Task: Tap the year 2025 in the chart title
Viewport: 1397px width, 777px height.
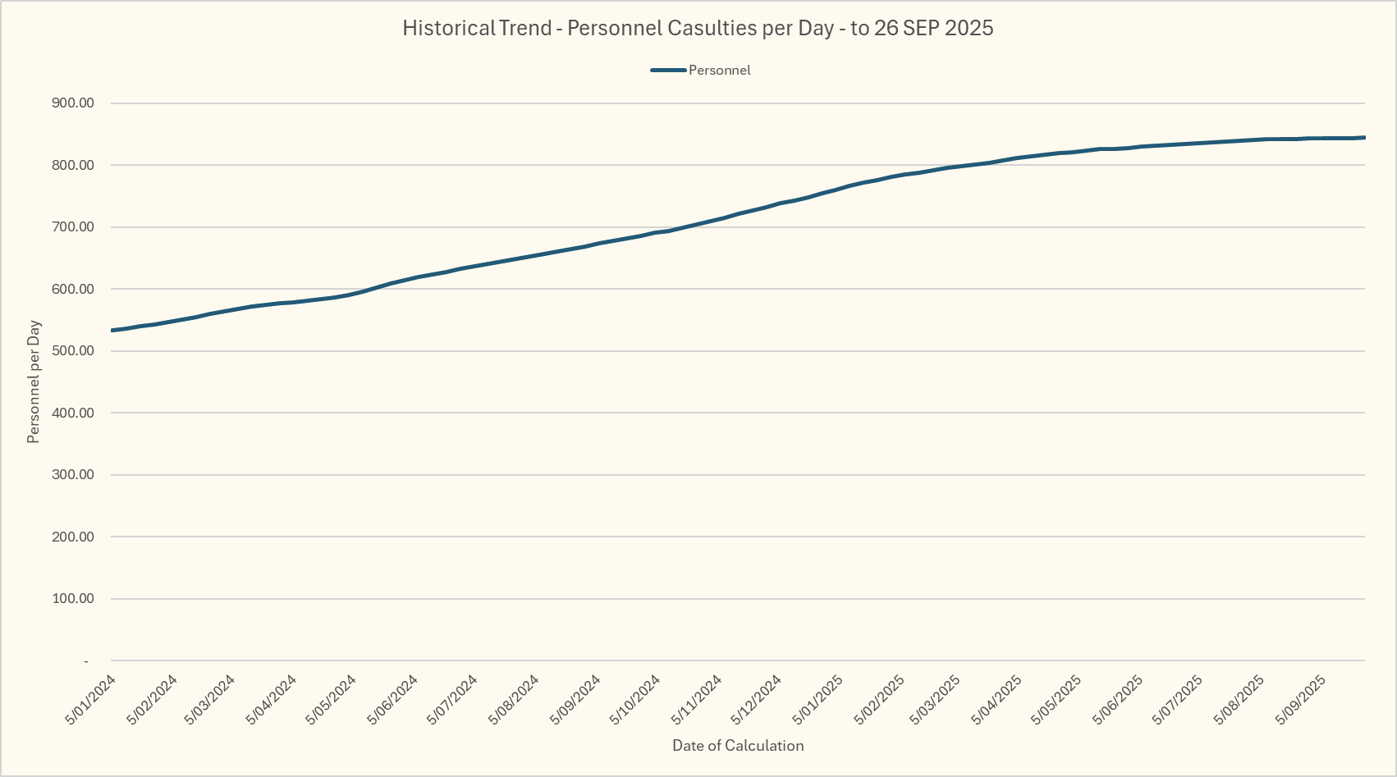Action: tap(969, 28)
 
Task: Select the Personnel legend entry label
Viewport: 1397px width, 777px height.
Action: tap(719, 71)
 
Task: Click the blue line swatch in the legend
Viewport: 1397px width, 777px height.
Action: tap(668, 71)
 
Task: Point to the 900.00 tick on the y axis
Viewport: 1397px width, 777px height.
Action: tap(73, 103)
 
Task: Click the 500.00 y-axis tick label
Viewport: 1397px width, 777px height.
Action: tap(73, 351)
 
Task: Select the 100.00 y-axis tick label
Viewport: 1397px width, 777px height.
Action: tap(73, 599)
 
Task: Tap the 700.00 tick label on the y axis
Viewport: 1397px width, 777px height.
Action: tap(73, 227)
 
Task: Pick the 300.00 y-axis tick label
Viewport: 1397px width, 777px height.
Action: tap(73, 475)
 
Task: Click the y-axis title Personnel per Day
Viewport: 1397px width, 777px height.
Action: tap(34, 382)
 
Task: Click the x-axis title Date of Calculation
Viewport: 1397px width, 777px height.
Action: tap(738, 746)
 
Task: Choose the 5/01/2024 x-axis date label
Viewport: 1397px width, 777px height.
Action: tap(90, 700)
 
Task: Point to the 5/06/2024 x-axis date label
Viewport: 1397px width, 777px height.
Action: tap(393, 700)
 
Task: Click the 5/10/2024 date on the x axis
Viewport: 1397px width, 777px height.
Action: tap(635, 700)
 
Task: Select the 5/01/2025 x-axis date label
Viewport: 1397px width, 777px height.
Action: tap(818, 700)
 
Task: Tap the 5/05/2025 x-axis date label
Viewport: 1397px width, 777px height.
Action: tap(1060, 700)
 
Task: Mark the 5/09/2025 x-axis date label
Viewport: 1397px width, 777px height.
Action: tap(1302, 700)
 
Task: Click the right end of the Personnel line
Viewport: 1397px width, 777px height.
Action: tap(1364, 137)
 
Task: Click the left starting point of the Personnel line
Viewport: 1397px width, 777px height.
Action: tap(112, 331)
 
